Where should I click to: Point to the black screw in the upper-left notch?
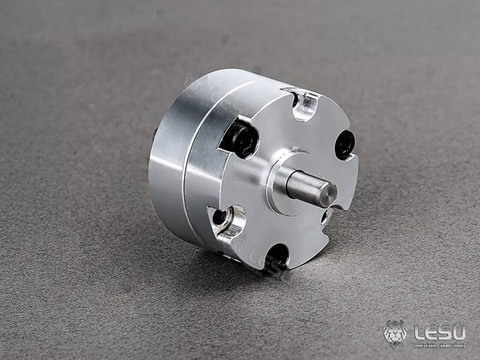pyautogui.click(x=243, y=138)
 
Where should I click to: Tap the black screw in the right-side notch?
pyautogui.click(x=344, y=145)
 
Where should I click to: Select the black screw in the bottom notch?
pyautogui.click(x=277, y=254)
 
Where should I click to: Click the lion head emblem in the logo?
pyautogui.click(x=395, y=334)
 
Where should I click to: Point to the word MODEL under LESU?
pyautogui.click(x=425, y=344)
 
